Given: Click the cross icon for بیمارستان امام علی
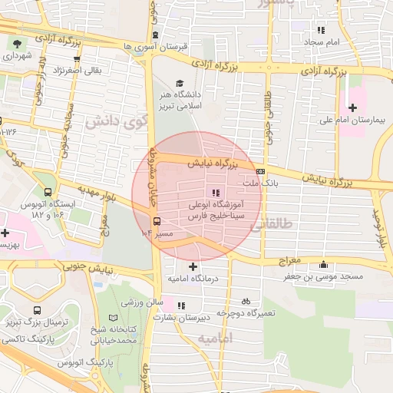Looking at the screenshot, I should click(353, 107).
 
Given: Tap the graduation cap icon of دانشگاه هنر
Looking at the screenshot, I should click(180, 84).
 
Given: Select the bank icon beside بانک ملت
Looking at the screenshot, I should click(261, 171).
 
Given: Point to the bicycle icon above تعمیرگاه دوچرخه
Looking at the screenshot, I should click(246, 302).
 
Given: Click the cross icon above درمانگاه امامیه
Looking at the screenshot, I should click(192, 266).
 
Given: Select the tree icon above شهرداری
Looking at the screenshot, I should click(18, 43).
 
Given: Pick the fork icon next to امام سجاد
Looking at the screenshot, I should click(320, 30).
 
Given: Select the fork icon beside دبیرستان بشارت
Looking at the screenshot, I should click(181, 305).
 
